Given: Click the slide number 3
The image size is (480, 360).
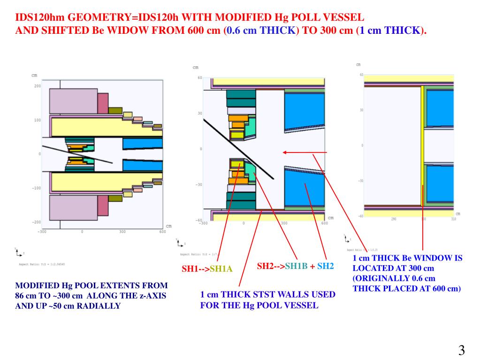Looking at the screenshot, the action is (x=461, y=350).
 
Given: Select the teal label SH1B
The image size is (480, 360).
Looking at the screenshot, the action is (x=296, y=266).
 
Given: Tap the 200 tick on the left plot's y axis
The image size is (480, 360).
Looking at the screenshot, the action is (x=37, y=86).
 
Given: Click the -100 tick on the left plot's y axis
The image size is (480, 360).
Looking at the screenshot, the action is (x=36, y=188).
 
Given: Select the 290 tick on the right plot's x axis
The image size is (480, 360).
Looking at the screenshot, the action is (x=393, y=219).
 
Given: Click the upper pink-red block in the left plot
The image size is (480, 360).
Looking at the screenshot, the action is (x=103, y=104).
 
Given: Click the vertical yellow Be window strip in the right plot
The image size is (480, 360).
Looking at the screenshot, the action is (x=422, y=146).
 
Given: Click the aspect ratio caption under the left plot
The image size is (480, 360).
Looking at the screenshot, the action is (x=42, y=264).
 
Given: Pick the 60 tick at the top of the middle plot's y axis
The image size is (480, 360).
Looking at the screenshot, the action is (x=199, y=78).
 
